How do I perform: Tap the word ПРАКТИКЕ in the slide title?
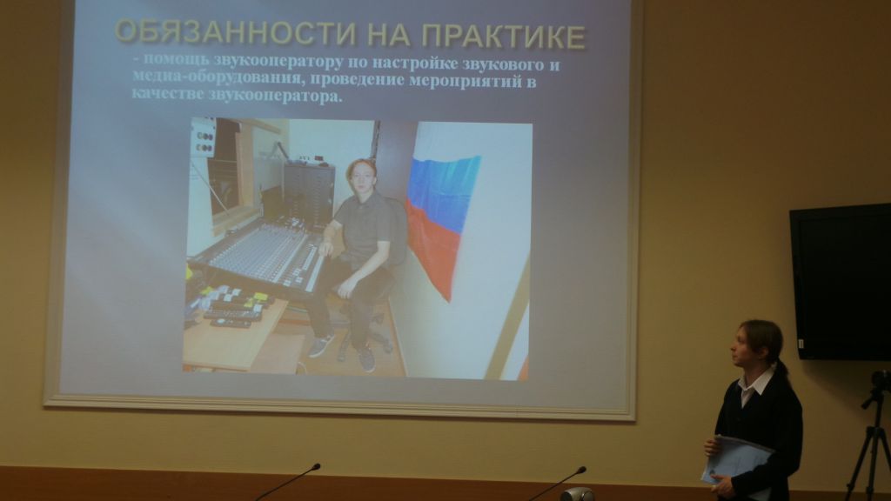pos(504,36)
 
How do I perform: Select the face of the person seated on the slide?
pos(361,177)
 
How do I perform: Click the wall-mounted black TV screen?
pos(841,282)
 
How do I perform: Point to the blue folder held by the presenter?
pos(737,459)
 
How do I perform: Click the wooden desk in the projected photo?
pos(239,337)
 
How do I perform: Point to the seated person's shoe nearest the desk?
pos(321,345)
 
